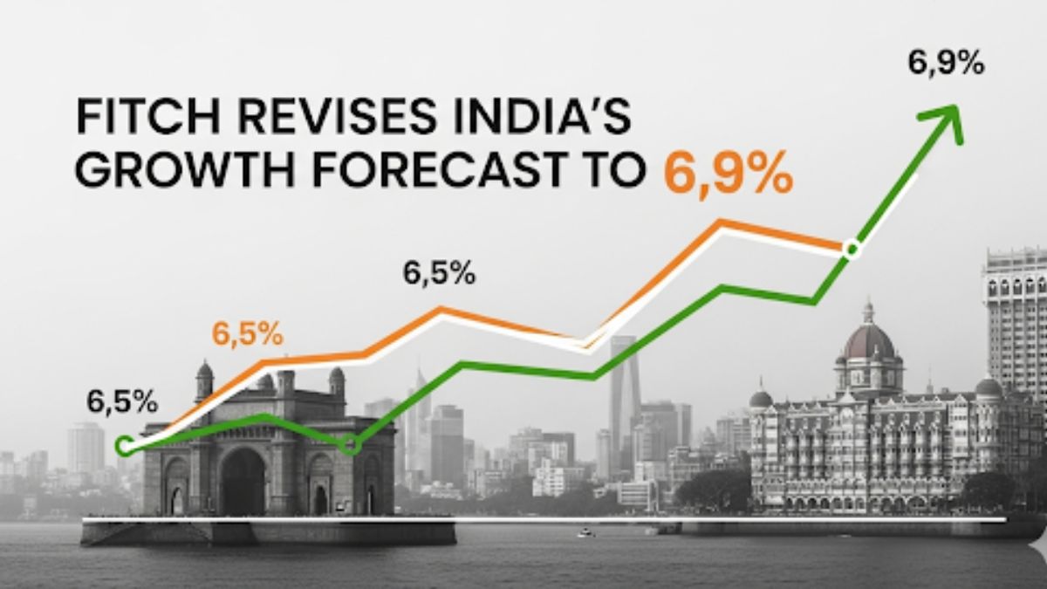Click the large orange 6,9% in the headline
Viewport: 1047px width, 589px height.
pyautogui.click(x=729, y=174)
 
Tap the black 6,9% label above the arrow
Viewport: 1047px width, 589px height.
pyautogui.click(x=947, y=64)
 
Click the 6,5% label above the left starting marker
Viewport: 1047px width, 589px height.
pyautogui.click(x=122, y=402)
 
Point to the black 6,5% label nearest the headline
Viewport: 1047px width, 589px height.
pyautogui.click(x=439, y=273)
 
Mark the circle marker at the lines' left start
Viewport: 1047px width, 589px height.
pyautogui.click(x=125, y=447)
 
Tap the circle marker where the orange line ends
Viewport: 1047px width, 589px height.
pyautogui.click(x=852, y=250)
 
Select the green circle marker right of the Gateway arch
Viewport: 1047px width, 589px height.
pyautogui.click(x=351, y=444)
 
